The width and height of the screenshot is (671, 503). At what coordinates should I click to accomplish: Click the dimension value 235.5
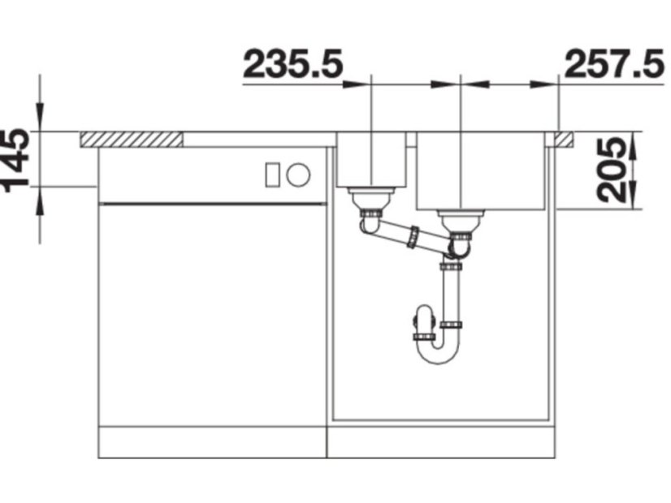click(x=293, y=64)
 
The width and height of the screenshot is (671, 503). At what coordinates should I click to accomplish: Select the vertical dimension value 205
click(x=611, y=170)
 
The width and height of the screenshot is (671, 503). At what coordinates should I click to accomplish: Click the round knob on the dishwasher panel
click(x=298, y=174)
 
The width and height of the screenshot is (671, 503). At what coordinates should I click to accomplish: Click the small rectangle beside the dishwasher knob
click(x=272, y=174)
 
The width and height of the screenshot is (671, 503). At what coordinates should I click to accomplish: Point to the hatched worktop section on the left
click(x=131, y=140)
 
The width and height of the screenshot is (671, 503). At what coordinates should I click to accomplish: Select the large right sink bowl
click(x=481, y=170)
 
